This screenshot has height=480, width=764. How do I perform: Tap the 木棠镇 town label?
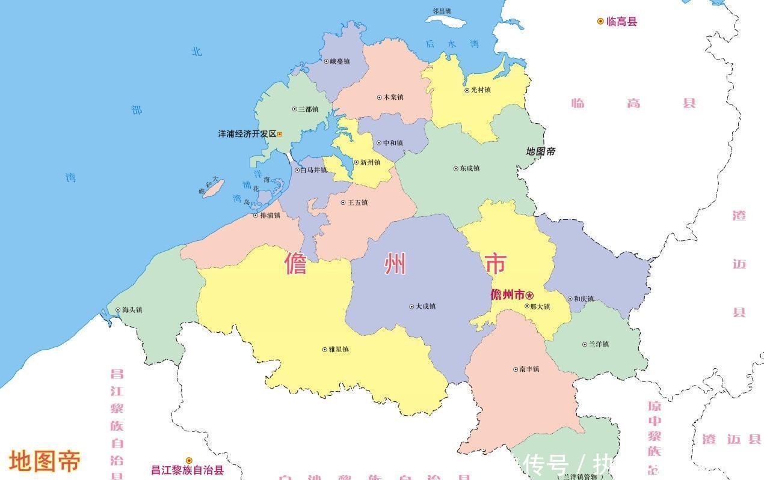(x=393, y=97)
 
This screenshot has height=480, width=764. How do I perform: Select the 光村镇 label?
(x=481, y=90)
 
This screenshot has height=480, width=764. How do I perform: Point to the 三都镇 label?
(x=309, y=109)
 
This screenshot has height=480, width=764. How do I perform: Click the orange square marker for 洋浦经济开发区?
(x=280, y=135)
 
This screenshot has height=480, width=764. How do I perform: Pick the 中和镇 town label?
(x=393, y=143)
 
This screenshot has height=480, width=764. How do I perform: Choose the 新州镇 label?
(x=370, y=162)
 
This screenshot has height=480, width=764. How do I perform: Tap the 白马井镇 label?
(x=313, y=170)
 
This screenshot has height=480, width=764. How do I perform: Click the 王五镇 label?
(x=357, y=202)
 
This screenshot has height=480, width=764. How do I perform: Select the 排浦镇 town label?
(x=270, y=215)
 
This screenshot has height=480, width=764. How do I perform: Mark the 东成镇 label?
(x=469, y=168)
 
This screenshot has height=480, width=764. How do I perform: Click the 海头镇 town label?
(x=132, y=310)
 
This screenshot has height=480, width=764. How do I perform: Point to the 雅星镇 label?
(x=339, y=349)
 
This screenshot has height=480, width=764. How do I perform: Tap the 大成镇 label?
(x=425, y=306)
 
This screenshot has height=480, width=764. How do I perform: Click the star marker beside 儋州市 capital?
(x=529, y=295)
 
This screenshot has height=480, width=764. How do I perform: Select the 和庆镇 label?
(x=584, y=299)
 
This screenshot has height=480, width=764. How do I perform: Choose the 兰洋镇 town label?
(x=599, y=344)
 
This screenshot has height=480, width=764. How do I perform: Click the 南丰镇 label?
(x=529, y=369)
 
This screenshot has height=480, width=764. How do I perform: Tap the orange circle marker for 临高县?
(x=600, y=22)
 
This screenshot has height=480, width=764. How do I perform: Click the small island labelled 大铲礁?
(x=212, y=189)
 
